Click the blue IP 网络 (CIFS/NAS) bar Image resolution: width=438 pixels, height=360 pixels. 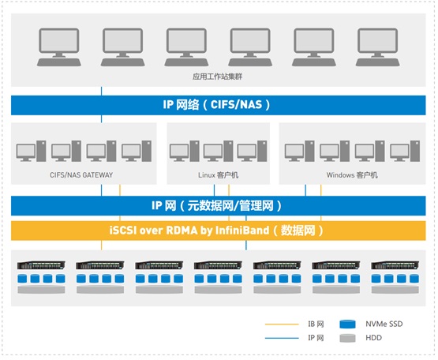pyautogui.click(x=218, y=105)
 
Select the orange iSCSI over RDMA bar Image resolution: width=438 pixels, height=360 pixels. pyautogui.click(x=218, y=231)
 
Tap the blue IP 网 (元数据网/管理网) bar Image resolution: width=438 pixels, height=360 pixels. pyautogui.click(x=218, y=206)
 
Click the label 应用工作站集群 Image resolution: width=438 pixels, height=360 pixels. pyautogui.click(x=217, y=77)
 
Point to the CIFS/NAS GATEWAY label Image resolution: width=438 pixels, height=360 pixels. pyautogui.click(x=81, y=175)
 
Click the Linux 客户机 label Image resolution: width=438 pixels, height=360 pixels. pyautogui.click(x=218, y=175)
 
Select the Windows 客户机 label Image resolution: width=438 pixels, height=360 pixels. pyautogui.click(x=352, y=175)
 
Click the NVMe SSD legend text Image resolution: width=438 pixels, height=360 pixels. pyautogui.click(x=384, y=324)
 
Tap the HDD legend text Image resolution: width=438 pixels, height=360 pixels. pyautogui.click(x=373, y=338)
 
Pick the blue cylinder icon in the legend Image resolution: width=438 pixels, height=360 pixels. pyautogui.click(x=347, y=324)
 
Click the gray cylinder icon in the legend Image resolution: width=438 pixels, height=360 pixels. pyautogui.click(x=347, y=338)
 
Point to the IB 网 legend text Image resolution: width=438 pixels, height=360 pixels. pyautogui.click(x=316, y=324)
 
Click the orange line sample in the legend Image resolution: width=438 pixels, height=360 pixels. pyautogui.click(x=282, y=324)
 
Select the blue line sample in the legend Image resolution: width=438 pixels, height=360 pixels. pyautogui.click(x=282, y=338)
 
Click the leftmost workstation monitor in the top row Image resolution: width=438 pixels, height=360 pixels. pyautogui.click(x=59, y=47)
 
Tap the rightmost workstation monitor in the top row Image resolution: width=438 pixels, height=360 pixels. pyautogui.click(x=378, y=47)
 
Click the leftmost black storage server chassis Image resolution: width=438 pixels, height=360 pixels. pyautogui.click(x=41, y=265)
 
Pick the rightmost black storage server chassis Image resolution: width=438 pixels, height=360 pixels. pyautogui.click(x=395, y=265)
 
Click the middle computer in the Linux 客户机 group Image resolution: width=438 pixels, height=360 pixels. pyautogui.click(x=218, y=151)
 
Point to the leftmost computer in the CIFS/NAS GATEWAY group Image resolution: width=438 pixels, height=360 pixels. pyautogui.click(x=31, y=151)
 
